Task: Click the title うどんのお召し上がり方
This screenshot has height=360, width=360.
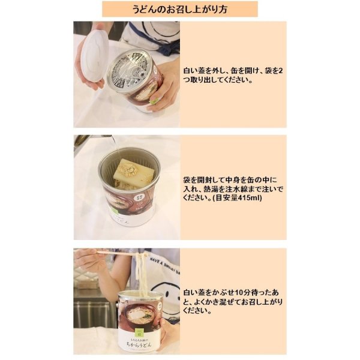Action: tap(179, 9)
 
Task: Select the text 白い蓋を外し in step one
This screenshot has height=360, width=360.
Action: tap(207, 71)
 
